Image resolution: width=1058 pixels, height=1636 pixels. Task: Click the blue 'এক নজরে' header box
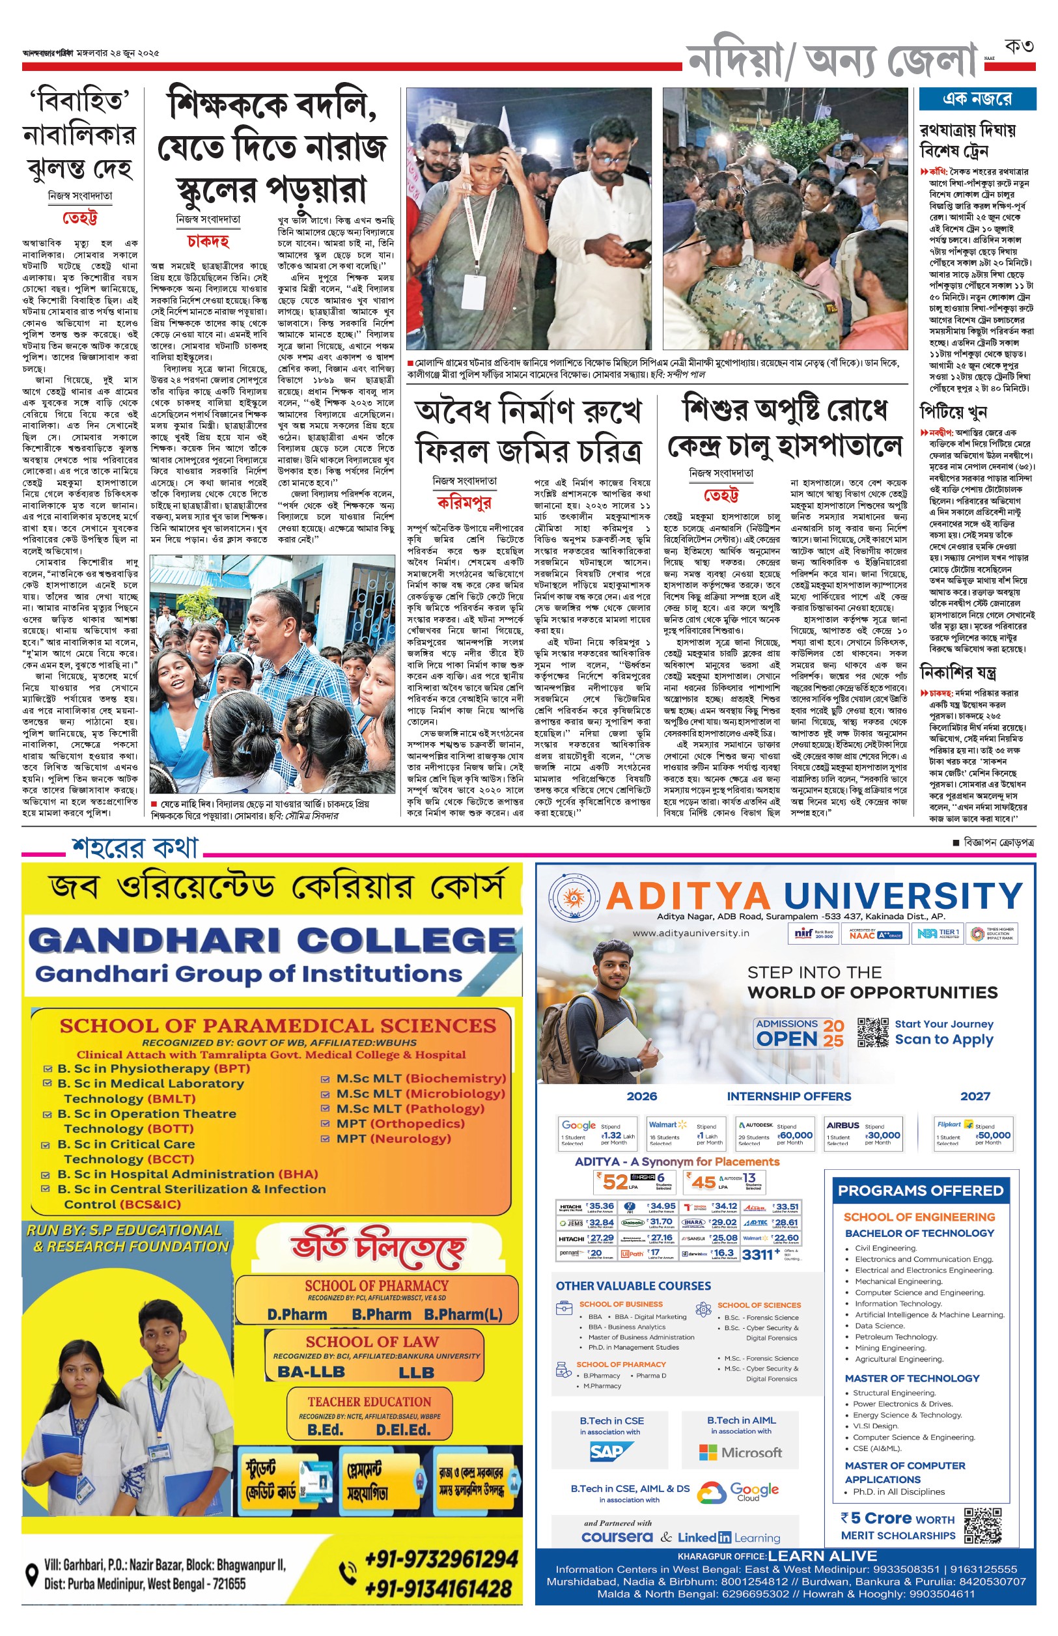pyautogui.click(x=976, y=99)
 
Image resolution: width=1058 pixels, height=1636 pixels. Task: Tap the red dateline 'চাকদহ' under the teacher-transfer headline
pyautogui.click(x=208, y=241)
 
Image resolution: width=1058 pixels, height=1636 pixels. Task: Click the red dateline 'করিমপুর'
pyautogui.click(x=464, y=502)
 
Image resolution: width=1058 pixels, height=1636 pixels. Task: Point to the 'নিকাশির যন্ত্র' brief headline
pyautogui.click(x=958, y=672)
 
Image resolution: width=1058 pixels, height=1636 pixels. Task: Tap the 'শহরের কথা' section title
pyautogui.click(x=135, y=848)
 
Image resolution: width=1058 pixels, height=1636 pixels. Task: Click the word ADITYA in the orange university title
pyautogui.click(x=688, y=896)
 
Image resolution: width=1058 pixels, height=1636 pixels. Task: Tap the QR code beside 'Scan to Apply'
pyautogui.click(x=872, y=1032)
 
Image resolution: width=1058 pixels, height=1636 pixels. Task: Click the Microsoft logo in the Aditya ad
pyautogui.click(x=741, y=1452)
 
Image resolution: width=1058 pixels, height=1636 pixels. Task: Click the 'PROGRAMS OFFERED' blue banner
pyautogui.click(x=920, y=1190)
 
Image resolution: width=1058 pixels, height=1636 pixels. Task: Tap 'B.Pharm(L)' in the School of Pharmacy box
pyautogui.click(x=463, y=1314)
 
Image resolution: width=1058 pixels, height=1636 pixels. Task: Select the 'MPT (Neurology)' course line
pyautogui.click(x=393, y=1138)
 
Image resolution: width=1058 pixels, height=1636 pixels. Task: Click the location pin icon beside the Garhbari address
pyautogui.click(x=32, y=1574)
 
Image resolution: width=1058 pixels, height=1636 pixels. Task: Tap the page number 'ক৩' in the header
pyautogui.click(x=1018, y=46)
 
